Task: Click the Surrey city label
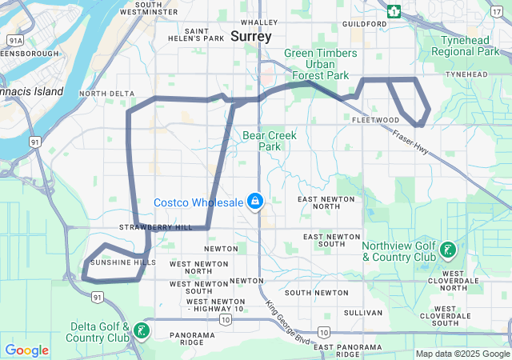tap(251, 37)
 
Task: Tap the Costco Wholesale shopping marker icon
tap(255, 201)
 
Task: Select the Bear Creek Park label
tap(270, 141)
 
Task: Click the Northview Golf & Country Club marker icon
tap(448, 250)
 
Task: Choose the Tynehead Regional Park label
tap(465, 46)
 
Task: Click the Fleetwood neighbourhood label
tap(375, 120)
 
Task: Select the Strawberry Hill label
tap(156, 227)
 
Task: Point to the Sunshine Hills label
tap(122, 262)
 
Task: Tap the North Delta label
tap(107, 94)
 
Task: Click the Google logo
tap(26, 350)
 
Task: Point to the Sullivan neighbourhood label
tap(358, 312)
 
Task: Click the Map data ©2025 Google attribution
tap(462, 354)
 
